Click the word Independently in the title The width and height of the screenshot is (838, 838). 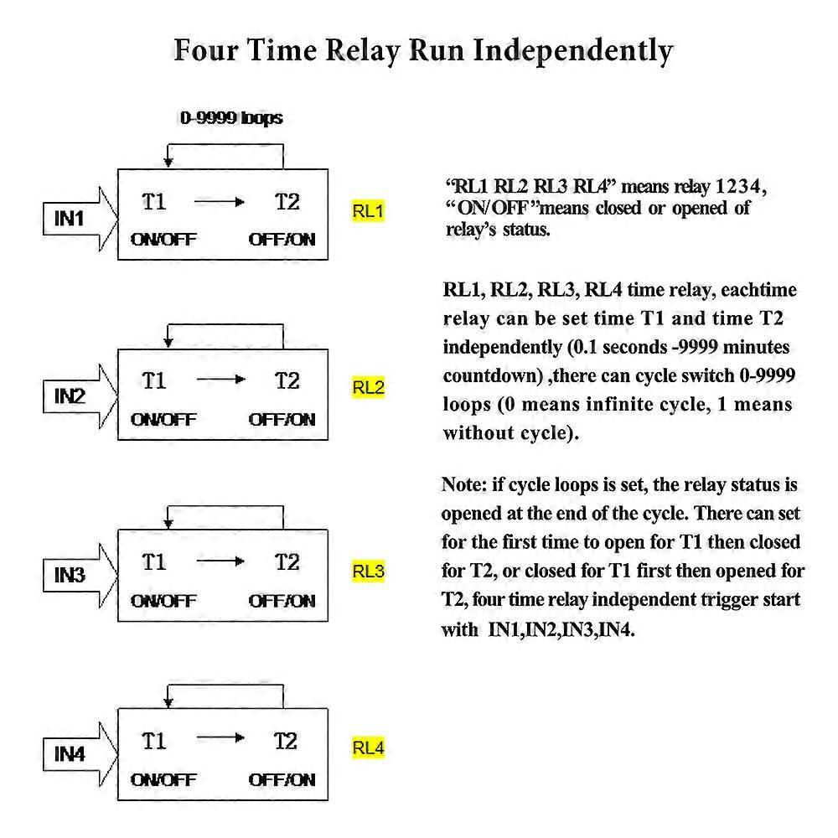tap(572, 52)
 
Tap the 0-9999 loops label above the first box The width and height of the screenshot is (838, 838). tap(231, 117)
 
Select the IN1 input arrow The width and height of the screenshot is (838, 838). tap(80, 219)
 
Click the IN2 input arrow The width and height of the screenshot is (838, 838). tap(80, 396)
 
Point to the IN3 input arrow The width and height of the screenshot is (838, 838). tap(80, 576)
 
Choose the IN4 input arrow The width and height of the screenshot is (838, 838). tap(80, 755)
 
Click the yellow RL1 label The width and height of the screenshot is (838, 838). tap(368, 211)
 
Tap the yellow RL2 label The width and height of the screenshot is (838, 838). tap(368, 387)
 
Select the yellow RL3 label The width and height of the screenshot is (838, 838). tap(368, 571)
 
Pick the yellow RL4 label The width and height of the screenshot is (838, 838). tap(368, 747)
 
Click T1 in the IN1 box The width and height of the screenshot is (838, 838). tap(154, 202)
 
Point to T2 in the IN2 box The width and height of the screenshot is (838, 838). tap(287, 381)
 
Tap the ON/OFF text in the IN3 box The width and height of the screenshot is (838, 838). tap(163, 601)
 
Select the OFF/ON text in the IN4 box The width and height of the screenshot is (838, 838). tap(282, 779)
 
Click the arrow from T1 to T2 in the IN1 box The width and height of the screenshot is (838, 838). tap(220, 202)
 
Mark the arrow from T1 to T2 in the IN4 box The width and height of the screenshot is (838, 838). tap(220, 738)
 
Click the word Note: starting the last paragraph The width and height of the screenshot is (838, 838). tap(464, 484)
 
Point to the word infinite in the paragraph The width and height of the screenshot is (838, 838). tap(617, 404)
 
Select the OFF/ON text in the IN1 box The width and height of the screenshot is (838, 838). tap(282, 239)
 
